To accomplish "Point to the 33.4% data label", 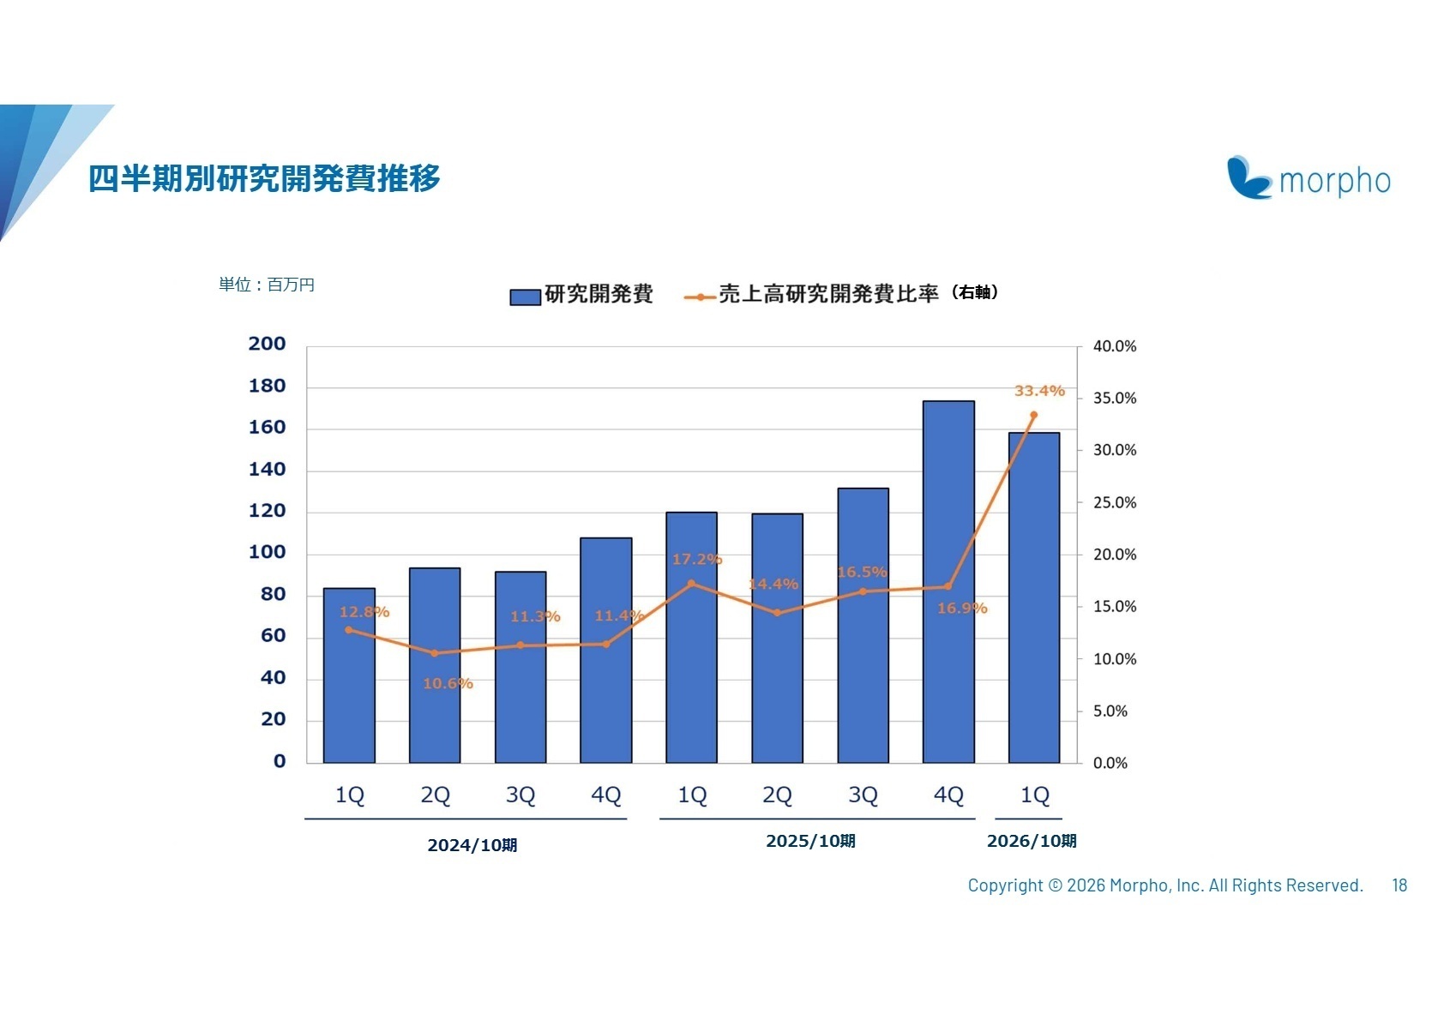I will tap(1039, 391).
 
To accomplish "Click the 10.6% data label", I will tap(448, 683).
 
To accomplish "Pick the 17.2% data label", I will tap(696, 559).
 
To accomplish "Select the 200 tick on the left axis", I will tap(267, 344).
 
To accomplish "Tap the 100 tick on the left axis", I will tap(267, 552).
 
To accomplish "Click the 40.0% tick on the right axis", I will tap(1114, 346).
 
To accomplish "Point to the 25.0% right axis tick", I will tap(1114, 502).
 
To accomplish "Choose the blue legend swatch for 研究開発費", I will tap(525, 297).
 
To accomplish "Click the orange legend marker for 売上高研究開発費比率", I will tap(700, 297).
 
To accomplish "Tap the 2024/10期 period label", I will tap(472, 845).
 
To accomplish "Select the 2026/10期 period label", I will tap(1032, 841).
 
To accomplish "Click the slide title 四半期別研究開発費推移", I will tap(264, 178).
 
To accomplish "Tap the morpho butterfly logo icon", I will tap(1248, 177).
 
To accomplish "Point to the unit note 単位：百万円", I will tap(267, 285).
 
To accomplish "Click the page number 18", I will tap(1399, 885).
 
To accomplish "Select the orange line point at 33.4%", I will tap(1033, 415).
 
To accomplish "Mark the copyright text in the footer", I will tap(1164, 885).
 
